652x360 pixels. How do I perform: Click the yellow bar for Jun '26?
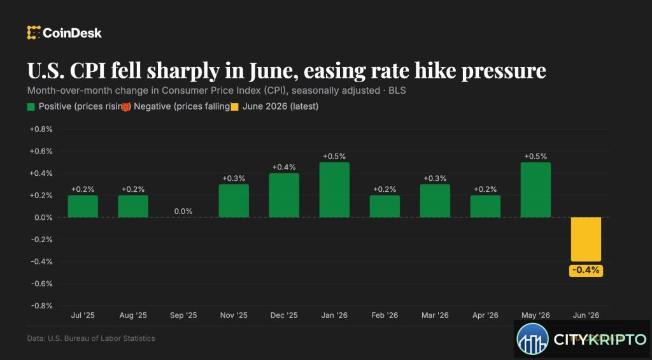point(586,240)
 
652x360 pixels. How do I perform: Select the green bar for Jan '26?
point(334,190)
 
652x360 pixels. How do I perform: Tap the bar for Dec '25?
point(284,195)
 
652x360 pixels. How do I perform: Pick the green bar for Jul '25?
point(83,206)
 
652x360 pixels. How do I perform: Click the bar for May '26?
point(535,190)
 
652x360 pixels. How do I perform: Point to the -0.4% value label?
point(586,271)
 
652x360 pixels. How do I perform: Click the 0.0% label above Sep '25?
point(183,212)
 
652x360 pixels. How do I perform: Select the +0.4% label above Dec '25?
point(284,168)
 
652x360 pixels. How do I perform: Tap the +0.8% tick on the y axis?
point(41,129)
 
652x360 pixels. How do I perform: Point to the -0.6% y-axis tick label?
point(41,284)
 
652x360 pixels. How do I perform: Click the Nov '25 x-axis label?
point(234,315)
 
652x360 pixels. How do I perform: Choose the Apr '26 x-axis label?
point(485,315)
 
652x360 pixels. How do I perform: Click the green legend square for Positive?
point(31,107)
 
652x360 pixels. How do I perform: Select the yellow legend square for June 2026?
point(234,107)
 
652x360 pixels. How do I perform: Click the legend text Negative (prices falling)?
point(181,106)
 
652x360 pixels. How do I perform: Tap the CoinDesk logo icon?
point(34,32)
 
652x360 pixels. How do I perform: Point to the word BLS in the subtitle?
point(397,90)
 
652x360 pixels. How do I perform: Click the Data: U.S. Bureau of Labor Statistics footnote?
point(91,338)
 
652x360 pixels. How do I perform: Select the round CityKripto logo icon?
point(533,339)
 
